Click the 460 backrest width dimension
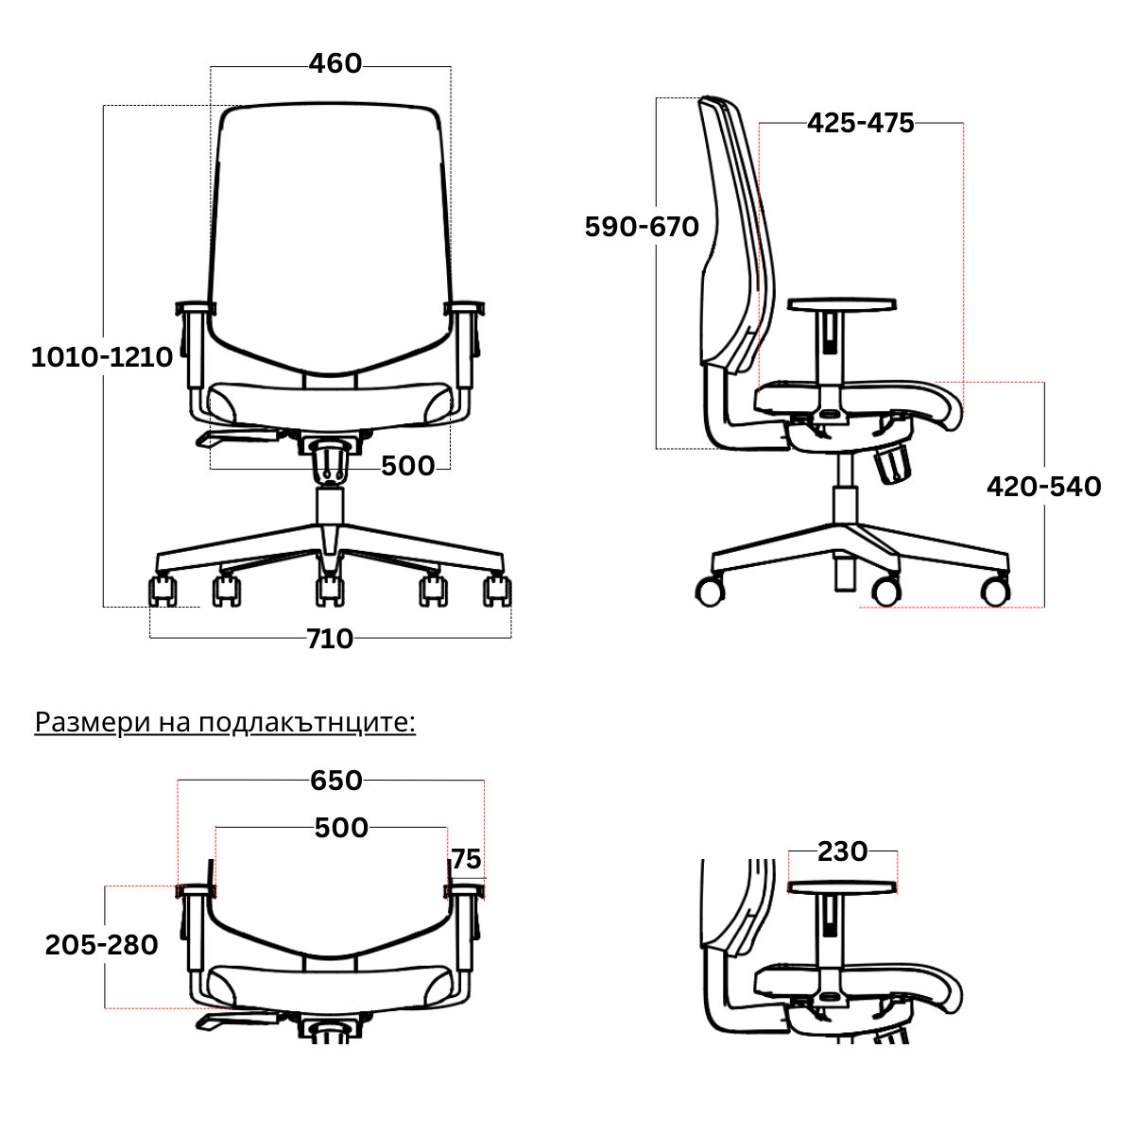point(335,63)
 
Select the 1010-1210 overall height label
point(102,357)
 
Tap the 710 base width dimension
point(330,639)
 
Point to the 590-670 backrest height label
point(642,227)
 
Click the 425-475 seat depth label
point(860,123)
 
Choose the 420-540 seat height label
point(1043,487)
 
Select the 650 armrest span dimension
point(336,781)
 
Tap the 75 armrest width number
point(466,859)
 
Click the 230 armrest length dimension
point(842,850)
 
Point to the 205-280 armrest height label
point(101,944)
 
